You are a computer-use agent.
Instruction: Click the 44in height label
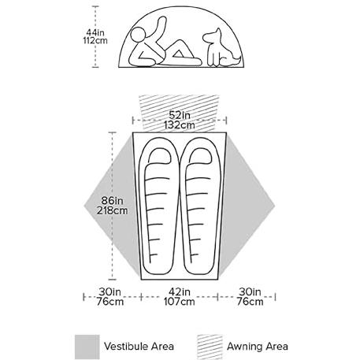pyautogui.click(x=95, y=32)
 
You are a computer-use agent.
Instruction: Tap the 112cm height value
pyautogui.click(x=95, y=41)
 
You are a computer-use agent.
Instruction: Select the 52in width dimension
pyautogui.click(x=180, y=115)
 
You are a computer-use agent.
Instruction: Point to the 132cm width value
pyautogui.click(x=180, y=124)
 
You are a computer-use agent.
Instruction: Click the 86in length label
pyautogui.click(x=112, y=201)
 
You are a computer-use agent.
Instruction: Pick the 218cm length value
pyautogui.click(x=112, y=210)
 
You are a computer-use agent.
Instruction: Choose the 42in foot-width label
pyautogui.click(x=180, y=291)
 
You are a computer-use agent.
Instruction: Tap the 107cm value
pyautogui.click(x=180, y=301)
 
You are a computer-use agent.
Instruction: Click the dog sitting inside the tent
pyautogui.click(x=221, y=48)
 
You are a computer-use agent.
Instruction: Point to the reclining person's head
pyautogui.click(x=138, y=35)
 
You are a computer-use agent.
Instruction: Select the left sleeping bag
pyautogui.click(x=159, y=206)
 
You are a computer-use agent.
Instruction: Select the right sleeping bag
pyautogui.click(x=201, y=206)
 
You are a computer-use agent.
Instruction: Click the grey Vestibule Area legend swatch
pyautogui.click(x=87, y=347)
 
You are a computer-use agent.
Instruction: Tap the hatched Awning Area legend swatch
pyautogui.click(x=210, y=347)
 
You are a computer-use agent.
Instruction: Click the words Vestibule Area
pyautogui.click(x=139, y=347)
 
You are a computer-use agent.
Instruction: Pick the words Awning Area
pyautogui.click(x=258, y=347)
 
